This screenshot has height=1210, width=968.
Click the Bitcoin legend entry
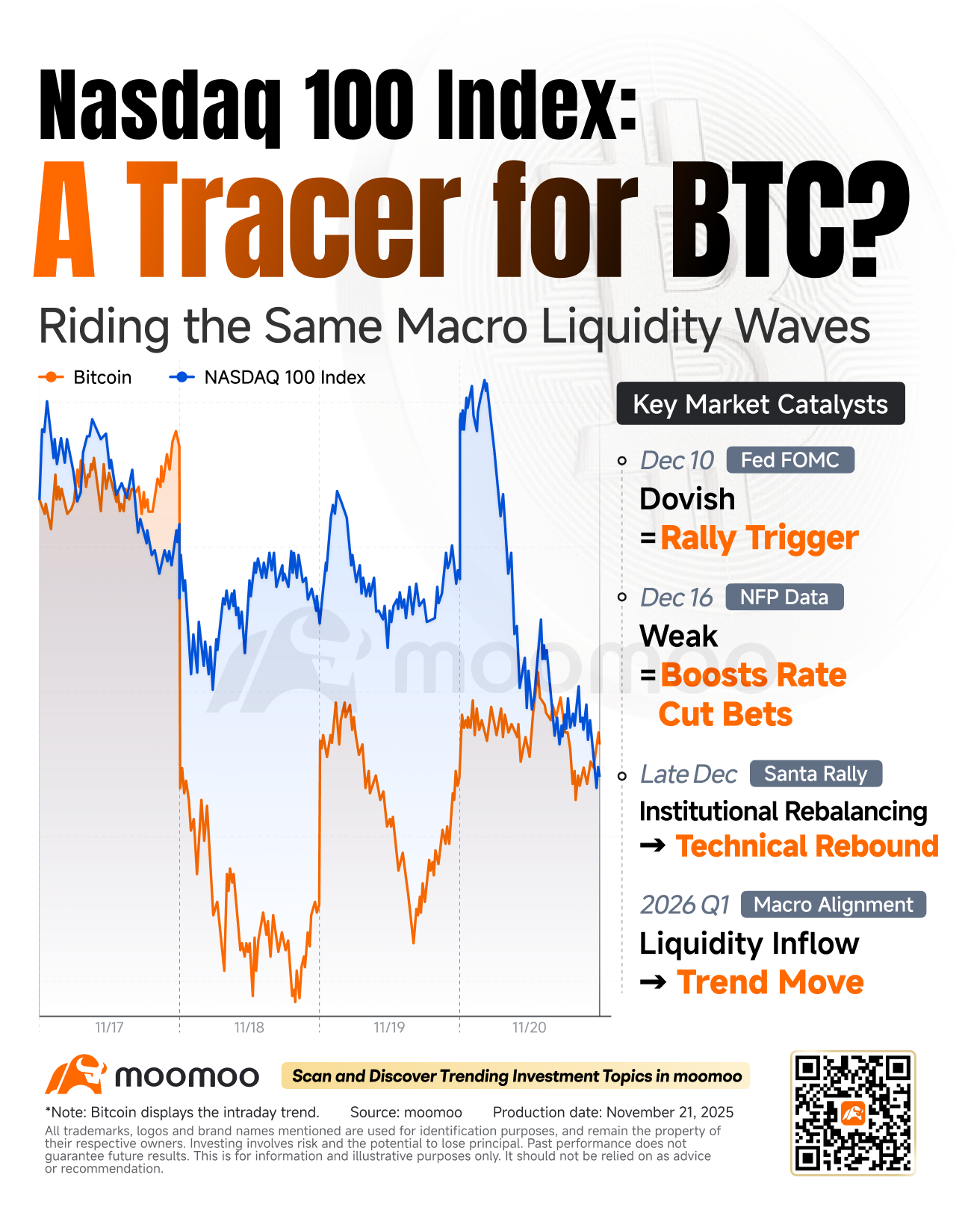[85, 377]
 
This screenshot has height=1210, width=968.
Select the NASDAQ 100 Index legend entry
[269, 377]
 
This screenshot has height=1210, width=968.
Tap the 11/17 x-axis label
[109, 1028]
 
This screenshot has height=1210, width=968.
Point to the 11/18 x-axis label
[249, 1028]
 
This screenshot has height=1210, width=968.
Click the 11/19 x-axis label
[389, 1028]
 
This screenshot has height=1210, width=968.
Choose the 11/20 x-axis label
[529, 1028]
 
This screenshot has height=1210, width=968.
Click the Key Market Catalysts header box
[760, 404]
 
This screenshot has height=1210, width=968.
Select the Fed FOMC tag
[789, 460]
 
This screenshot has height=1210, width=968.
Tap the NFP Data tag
[784, 598]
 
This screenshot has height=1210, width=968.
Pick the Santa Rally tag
[815, 774]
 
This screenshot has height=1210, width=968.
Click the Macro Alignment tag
[833, 905]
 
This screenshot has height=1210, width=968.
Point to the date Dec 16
[676, 598]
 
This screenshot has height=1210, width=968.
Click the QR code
[852, 1113]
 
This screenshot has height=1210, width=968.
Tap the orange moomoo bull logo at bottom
[75, 1075]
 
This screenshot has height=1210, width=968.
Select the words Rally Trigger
[759, 538]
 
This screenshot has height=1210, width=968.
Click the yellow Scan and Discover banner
[516, 1076]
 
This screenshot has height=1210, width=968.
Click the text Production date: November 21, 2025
[612, 1112]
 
